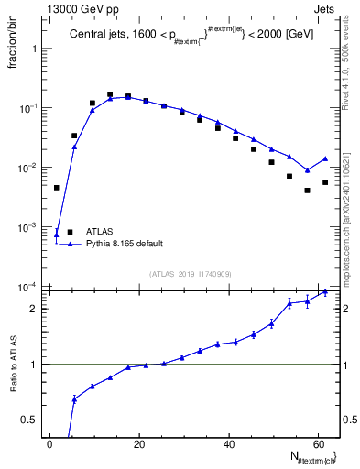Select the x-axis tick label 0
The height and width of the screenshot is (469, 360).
50,444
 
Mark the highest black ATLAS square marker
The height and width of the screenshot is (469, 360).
110,94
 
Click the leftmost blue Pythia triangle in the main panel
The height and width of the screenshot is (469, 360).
57,234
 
